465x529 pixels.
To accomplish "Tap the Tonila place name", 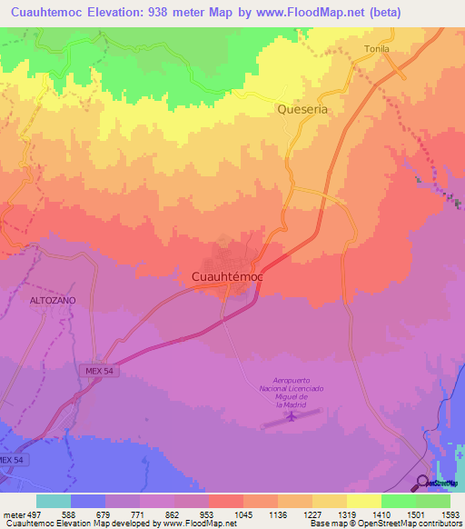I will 377,50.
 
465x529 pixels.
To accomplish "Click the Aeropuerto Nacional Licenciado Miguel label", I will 292,394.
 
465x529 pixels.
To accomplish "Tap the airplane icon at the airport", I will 292,417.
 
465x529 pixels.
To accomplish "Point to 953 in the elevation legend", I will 207,514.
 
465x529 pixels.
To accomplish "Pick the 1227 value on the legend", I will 312,514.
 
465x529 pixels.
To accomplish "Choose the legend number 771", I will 138,514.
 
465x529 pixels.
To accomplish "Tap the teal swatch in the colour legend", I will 53,501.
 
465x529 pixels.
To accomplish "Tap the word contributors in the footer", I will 438,524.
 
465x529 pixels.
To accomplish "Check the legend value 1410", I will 381,514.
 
